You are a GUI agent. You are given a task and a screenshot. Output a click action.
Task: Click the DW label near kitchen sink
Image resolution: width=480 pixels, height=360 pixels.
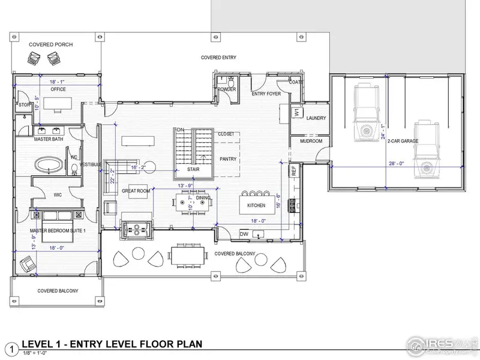[x=245, y=233]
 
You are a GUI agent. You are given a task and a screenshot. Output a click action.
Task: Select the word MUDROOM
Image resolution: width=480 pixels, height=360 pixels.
[x=310, y=142]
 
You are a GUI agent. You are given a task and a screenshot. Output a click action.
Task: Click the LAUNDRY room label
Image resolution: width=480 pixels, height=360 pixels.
[x=316, y=118]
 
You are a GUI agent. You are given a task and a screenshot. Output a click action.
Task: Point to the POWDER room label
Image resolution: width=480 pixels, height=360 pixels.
[x=226, y=89]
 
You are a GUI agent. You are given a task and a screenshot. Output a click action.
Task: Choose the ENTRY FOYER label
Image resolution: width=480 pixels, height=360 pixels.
[x=266, y=94]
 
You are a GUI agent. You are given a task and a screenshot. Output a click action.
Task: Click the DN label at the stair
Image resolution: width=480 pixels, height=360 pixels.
[x=179, y=130]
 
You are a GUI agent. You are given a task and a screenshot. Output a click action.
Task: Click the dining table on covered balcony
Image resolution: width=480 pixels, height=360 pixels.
[x=186, y=255]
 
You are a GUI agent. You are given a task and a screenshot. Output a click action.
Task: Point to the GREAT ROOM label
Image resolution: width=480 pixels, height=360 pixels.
[x=135, y=191]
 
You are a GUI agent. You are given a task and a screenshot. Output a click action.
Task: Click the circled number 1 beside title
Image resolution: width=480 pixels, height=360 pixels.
[x=10, y=347]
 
